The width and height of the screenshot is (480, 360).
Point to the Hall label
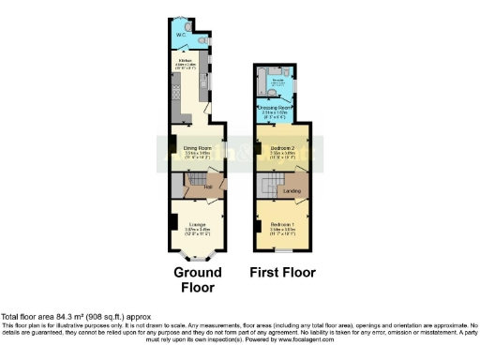[196, 186]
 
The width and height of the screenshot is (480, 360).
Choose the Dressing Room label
[277, 109]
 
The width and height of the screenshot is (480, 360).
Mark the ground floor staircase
[178, 187]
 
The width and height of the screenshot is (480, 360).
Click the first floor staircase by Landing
[268, 187]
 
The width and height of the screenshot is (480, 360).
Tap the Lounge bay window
[197, 254]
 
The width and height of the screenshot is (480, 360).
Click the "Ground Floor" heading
[198, 279]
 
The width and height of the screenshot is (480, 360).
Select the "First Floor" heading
[282, 273]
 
